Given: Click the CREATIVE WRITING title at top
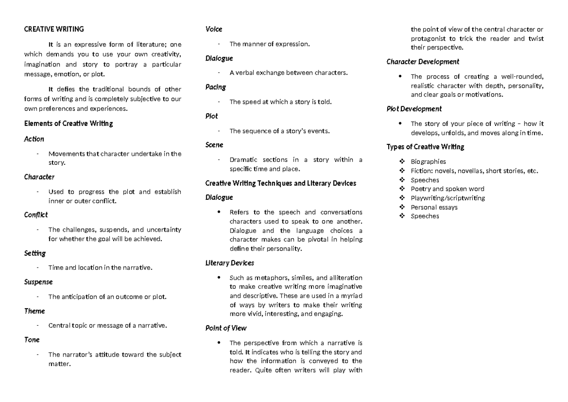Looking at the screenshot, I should click(53, 29).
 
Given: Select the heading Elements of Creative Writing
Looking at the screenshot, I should click(68, 124).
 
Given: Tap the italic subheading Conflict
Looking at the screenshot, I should click(36, 214).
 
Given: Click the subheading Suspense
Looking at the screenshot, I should click(38, 282).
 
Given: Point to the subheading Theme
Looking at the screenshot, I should click(34, 311).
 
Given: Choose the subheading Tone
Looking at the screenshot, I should click(32, 339).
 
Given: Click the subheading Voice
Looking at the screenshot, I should click(213, 29).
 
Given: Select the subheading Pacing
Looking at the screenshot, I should click(215, 87).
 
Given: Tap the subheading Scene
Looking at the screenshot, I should click(214, 145).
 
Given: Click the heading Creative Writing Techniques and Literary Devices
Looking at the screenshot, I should click(281, 183).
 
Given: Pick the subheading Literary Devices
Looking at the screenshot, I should click(229, 262).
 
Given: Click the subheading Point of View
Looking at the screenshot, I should click(226, 328).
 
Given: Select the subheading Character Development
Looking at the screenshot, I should click(423, 62).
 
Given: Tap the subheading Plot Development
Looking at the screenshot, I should click(414, 109).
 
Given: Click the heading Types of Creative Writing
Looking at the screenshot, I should click(425, 147).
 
